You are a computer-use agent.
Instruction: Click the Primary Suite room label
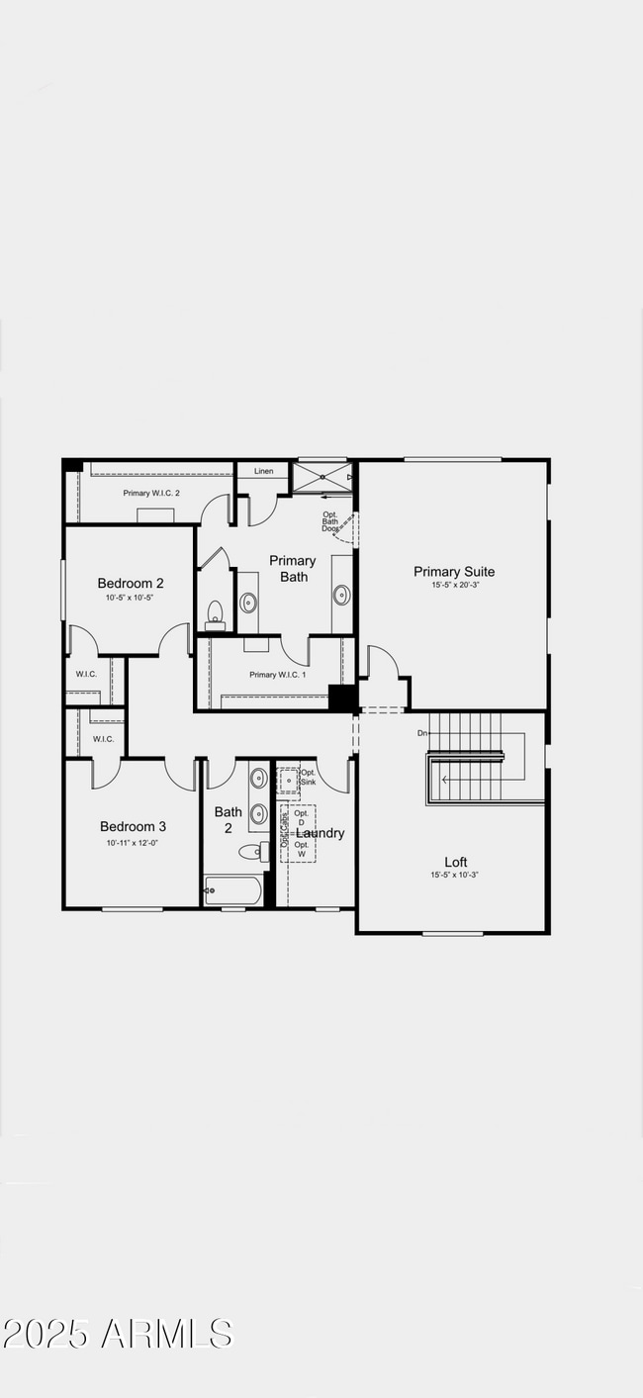[453, 571]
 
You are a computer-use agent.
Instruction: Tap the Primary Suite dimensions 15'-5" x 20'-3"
[453, 586]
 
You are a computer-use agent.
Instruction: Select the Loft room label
[455, 862]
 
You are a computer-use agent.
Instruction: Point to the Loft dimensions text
[455, 876]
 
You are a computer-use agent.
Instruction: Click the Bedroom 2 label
[131, 583]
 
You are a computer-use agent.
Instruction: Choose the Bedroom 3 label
[133, 826]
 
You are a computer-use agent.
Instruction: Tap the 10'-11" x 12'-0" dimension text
[133, 842]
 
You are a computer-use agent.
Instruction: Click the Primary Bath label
[293, 569]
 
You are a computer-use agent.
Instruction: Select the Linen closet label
[263, 471]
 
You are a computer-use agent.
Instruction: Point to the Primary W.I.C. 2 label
[151, 493]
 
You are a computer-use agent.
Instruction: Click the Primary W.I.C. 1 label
[277, 675]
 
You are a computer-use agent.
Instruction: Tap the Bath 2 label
[229, 820]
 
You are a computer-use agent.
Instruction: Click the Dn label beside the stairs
[422, 733]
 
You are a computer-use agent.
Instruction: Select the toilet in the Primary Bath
[215, 615]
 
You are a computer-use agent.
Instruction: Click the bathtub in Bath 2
[233, 890]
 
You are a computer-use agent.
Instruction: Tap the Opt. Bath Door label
[330, 521]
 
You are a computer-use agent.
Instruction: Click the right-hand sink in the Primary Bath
[341, 595]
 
